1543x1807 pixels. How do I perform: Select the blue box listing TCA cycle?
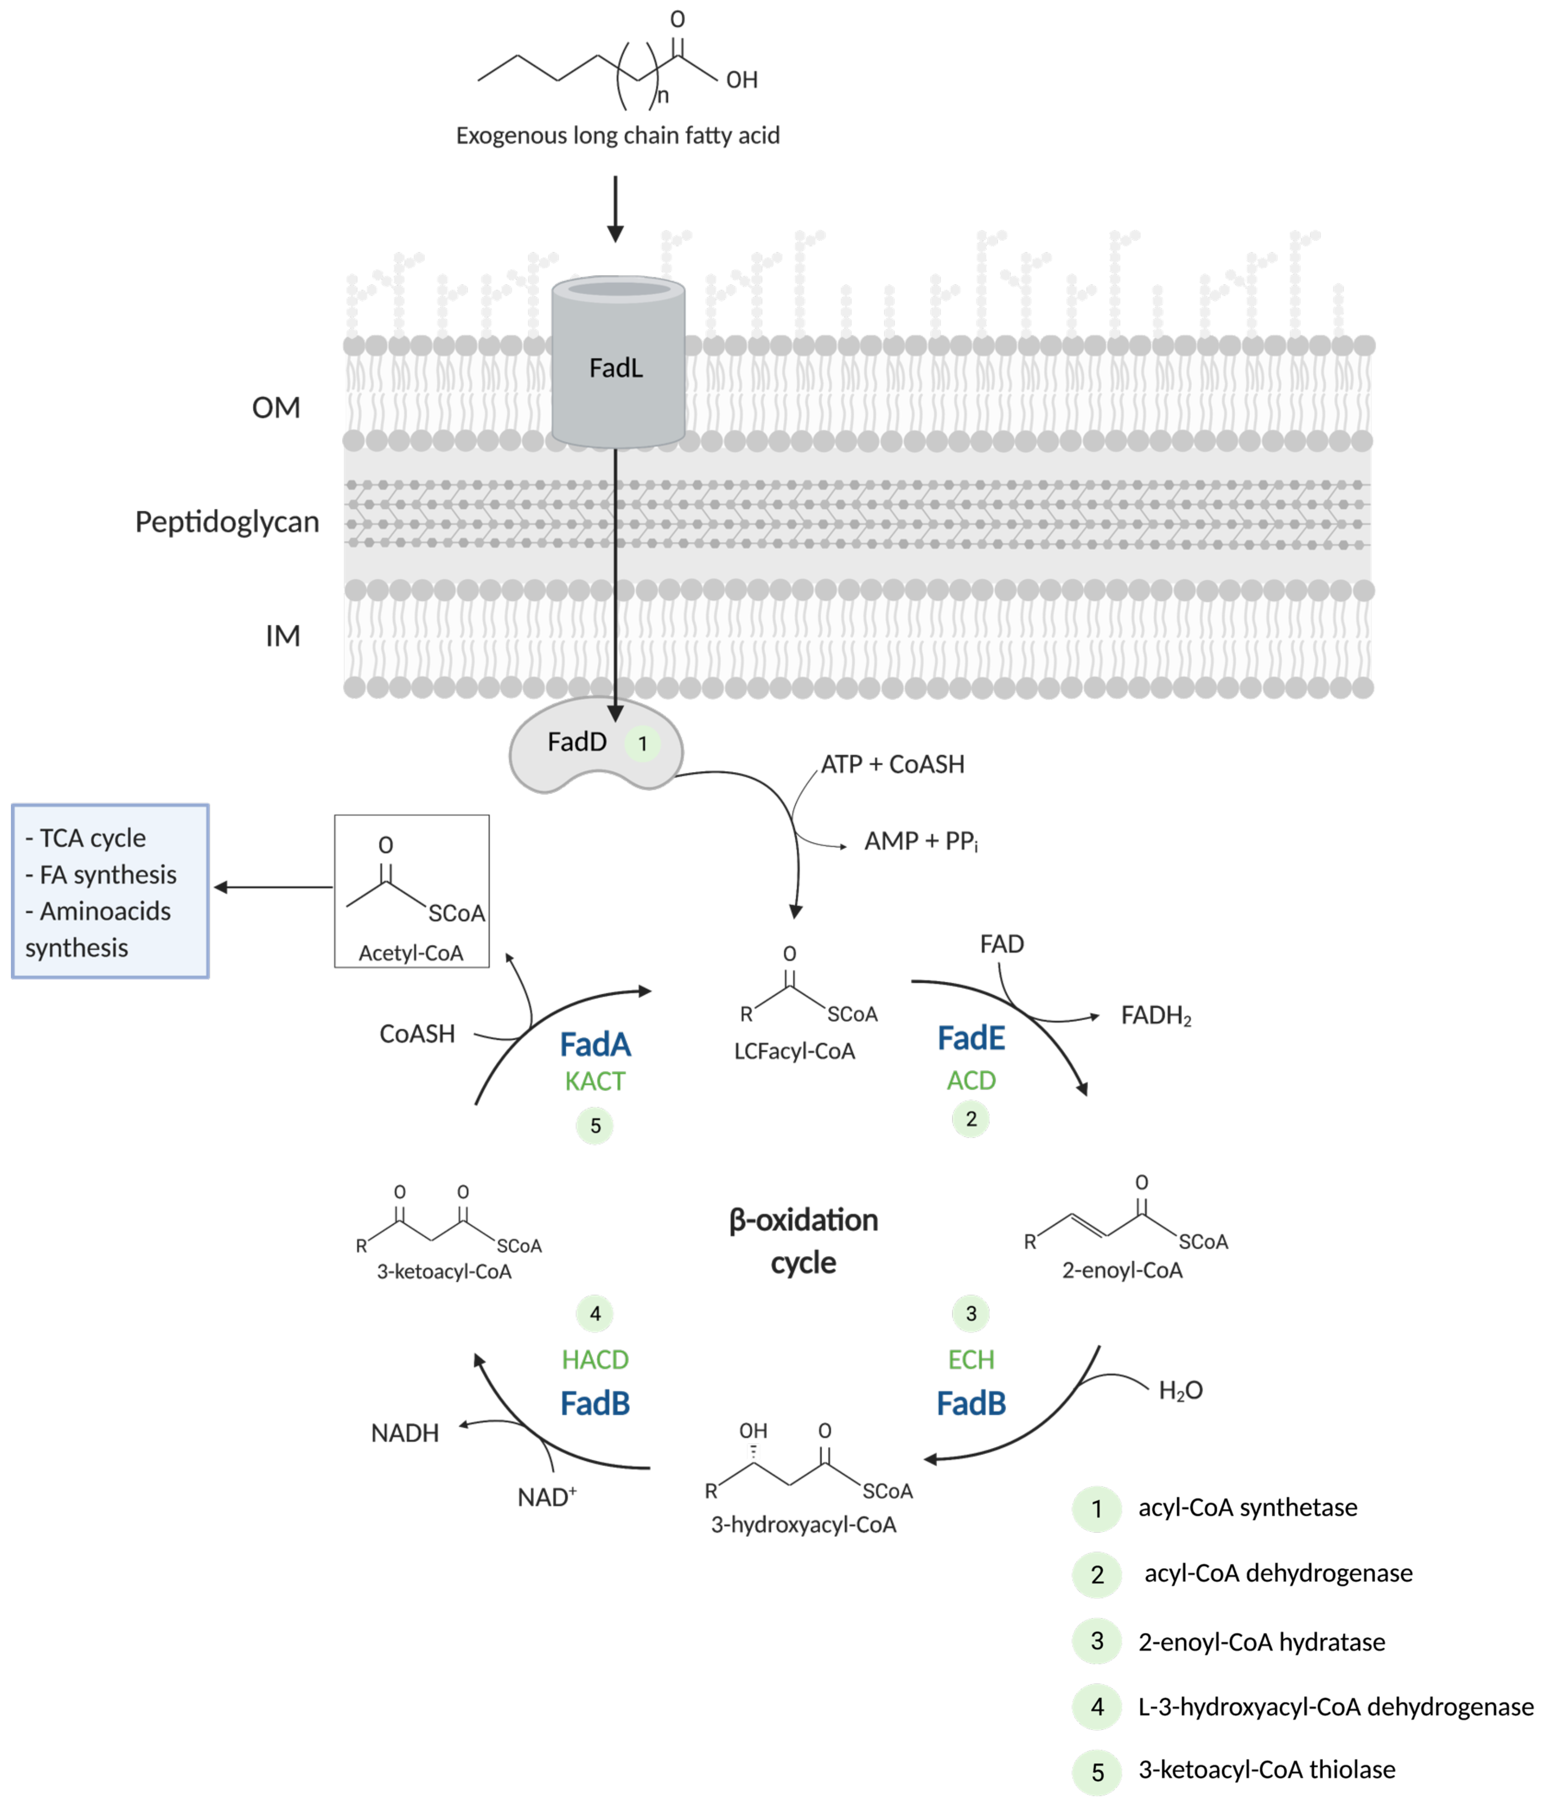coord(110,891)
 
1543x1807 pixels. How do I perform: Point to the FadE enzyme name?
coord(970,1038)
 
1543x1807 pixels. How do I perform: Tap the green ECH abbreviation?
coord(970,1360)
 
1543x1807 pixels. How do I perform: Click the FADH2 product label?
coord(1155,1016)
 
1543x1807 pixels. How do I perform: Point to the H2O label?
coord(1180,1390)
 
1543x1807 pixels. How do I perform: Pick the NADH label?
coord(405,1433)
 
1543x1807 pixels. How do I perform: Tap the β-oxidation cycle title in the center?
coord(803,1240)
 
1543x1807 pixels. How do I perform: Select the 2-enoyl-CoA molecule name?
coord(1122,1270)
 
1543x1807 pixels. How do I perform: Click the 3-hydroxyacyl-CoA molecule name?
coord(803,1524)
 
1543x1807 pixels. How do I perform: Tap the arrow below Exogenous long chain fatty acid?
coord(615,209)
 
